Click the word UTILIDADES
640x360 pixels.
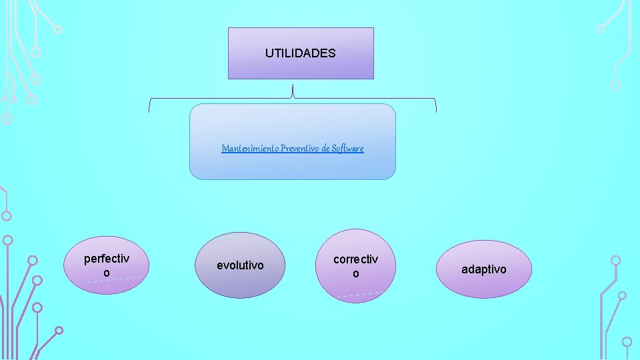tap(300, 53)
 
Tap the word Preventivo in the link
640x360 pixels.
tap(300, 148)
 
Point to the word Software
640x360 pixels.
tap(348, 148)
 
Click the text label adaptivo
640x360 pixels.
tap(484, 269)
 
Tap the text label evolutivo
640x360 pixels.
tap(240, 265)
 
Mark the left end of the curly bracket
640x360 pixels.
tap(149, 107)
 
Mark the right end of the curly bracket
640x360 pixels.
tap(436, 107)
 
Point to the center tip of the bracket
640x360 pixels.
tap(293, 87)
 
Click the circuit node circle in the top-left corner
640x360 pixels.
tap(58, 29)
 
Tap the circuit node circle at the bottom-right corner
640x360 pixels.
tap(627, 341)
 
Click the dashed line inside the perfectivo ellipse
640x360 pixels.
tap(107, 281)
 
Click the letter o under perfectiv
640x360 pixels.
tap(107, 273)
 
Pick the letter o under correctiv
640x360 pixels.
tap(355, 274)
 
